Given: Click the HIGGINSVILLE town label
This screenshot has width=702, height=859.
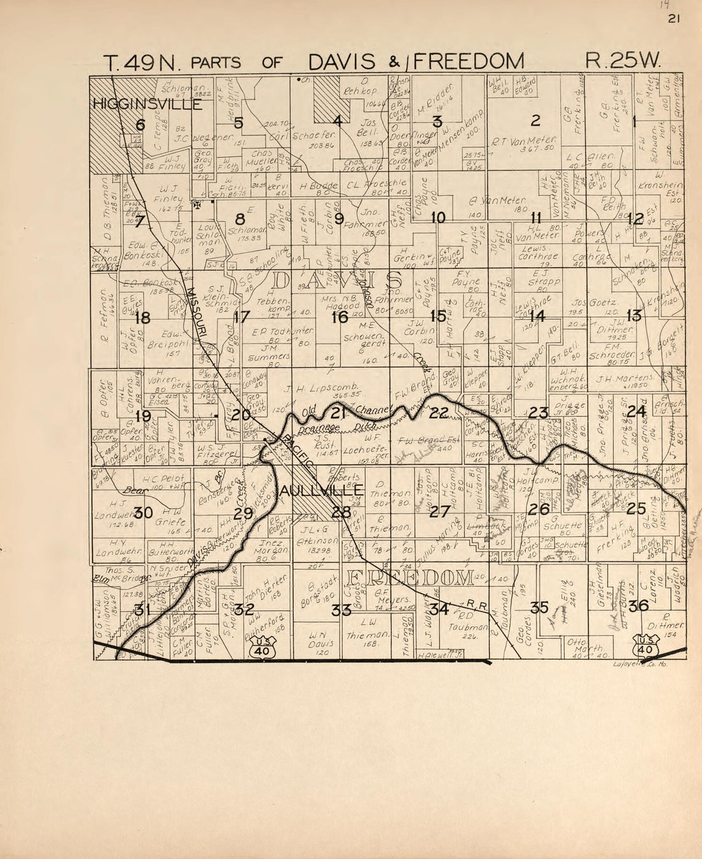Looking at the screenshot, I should coord(147,103).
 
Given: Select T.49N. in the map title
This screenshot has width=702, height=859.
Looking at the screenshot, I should coord(144,62).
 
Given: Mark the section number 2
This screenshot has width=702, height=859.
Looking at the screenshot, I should coord(536,120).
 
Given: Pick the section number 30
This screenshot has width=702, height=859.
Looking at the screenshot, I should coord(144,512).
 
